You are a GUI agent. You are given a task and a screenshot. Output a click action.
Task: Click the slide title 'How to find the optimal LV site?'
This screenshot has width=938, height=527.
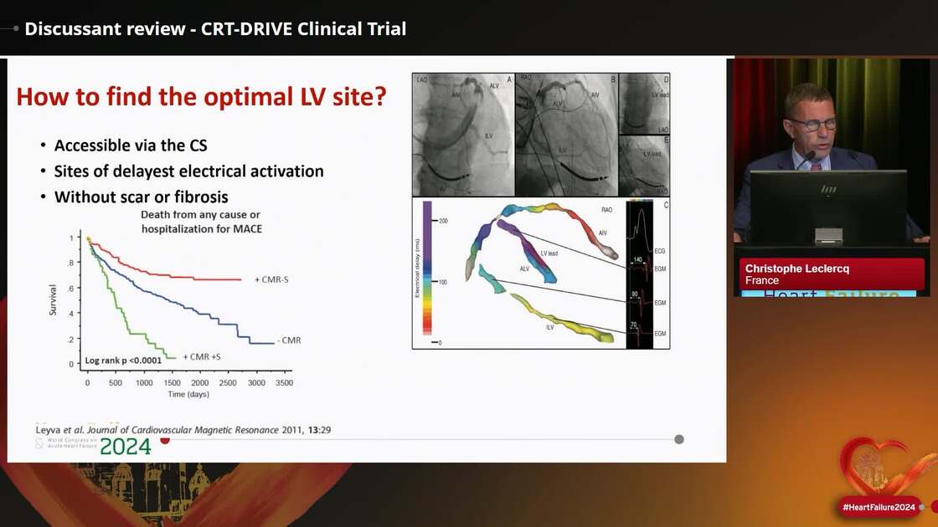pos(201,97)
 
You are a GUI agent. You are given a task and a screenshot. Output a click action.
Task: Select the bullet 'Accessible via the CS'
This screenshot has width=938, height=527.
pos(131,145)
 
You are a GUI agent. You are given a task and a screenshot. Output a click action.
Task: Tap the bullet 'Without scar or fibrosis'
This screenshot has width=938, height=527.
pos(142,197)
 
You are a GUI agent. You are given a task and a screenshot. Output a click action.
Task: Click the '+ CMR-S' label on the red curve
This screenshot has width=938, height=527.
pos(273,279)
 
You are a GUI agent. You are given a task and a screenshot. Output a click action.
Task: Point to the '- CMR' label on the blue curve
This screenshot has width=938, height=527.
pos(289,340)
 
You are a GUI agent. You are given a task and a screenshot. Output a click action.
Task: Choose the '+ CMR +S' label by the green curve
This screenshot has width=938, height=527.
pos(207,357)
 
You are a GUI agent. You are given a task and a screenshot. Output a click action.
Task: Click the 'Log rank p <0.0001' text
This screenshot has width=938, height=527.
pos(123,361)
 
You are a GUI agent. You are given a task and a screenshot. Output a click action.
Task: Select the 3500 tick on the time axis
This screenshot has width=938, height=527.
pos(284,382)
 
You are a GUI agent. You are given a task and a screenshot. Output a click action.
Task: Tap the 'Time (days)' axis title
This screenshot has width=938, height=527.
pos(188,393)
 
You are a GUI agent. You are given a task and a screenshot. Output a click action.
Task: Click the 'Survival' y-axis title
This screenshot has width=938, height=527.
pos(53,300)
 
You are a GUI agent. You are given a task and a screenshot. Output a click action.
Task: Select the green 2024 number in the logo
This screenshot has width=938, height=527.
pos(126,447)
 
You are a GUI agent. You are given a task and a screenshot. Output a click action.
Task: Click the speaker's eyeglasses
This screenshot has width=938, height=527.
pos(812,124)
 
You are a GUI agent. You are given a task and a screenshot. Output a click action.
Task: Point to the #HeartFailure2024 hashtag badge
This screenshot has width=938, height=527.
pos(879,507)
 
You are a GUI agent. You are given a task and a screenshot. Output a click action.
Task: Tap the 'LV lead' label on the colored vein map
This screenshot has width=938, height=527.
pos(550,253)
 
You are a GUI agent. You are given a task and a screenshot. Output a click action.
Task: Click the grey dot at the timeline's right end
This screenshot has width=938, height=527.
pos(679,439)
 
